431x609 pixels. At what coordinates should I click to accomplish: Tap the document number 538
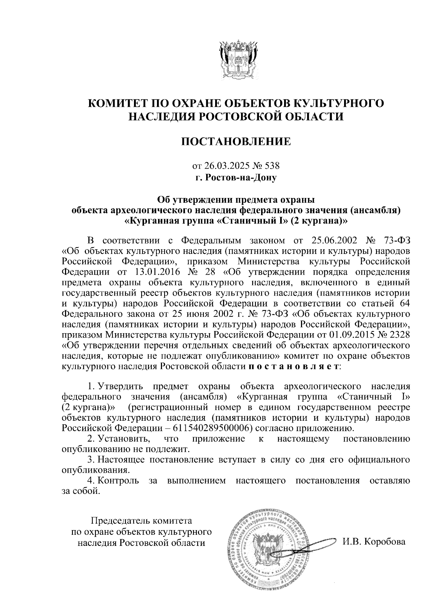272,166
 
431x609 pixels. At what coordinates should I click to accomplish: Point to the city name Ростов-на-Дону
241,178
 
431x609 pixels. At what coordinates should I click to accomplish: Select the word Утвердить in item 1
121,386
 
